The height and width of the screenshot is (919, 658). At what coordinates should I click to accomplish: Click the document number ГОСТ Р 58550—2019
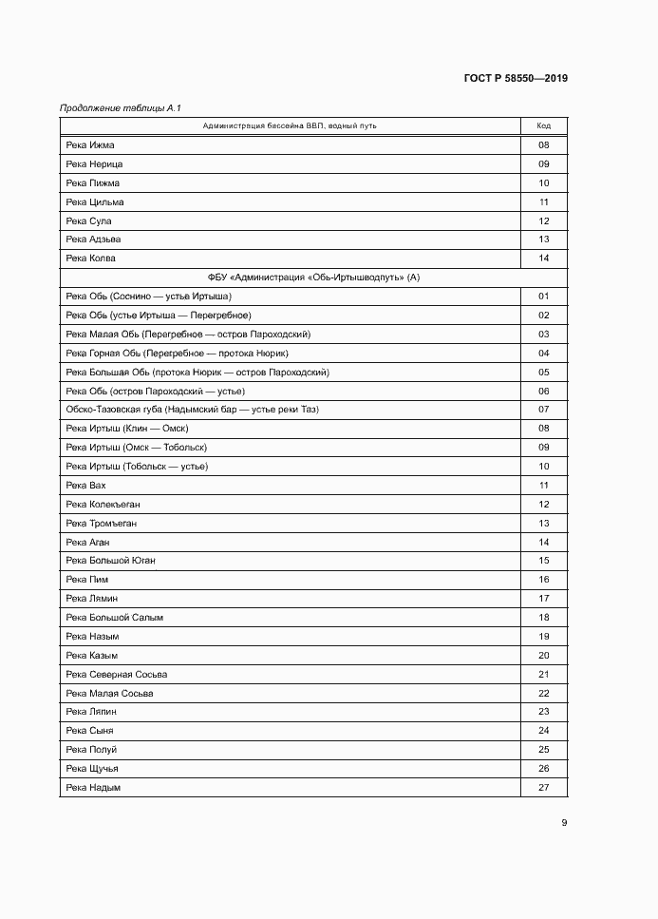(x=516, y=78)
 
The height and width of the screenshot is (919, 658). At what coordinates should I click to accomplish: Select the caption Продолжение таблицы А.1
(x=114, y=108)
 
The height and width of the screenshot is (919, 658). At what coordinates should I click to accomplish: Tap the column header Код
(x=544, y=126)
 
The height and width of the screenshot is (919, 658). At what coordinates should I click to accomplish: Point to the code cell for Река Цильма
(x=544, y=202)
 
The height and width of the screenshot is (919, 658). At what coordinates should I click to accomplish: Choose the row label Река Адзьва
(x=93, y=239)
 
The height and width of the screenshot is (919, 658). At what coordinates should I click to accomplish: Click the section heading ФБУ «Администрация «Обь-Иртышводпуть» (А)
(x=313, y=278)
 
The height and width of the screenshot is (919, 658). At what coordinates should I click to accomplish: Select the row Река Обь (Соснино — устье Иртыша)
(x=149, y=297)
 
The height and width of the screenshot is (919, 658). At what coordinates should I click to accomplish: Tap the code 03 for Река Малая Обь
(x=544, y=335)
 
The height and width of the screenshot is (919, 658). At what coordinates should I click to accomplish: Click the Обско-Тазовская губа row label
(x=193, y=410)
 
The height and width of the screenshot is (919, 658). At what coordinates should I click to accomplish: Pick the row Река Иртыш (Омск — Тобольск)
(x=137, y=448)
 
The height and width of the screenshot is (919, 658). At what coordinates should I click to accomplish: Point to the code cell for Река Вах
(x=544, y=486)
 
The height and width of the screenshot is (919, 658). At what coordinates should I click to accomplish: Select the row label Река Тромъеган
(x=103, y=524)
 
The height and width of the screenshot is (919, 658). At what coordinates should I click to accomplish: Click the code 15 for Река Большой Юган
(x=544, y=561)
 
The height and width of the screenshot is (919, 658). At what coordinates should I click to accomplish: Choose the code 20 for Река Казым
(x=544, y=656)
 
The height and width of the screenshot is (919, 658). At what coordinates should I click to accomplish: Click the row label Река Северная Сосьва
(x=117, y=675)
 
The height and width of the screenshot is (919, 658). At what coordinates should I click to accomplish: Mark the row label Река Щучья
(x=92, y=769)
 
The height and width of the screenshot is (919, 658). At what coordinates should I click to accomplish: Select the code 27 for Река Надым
(x=544, y=788)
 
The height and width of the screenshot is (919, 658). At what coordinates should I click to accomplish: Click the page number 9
(x=564, y=823)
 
